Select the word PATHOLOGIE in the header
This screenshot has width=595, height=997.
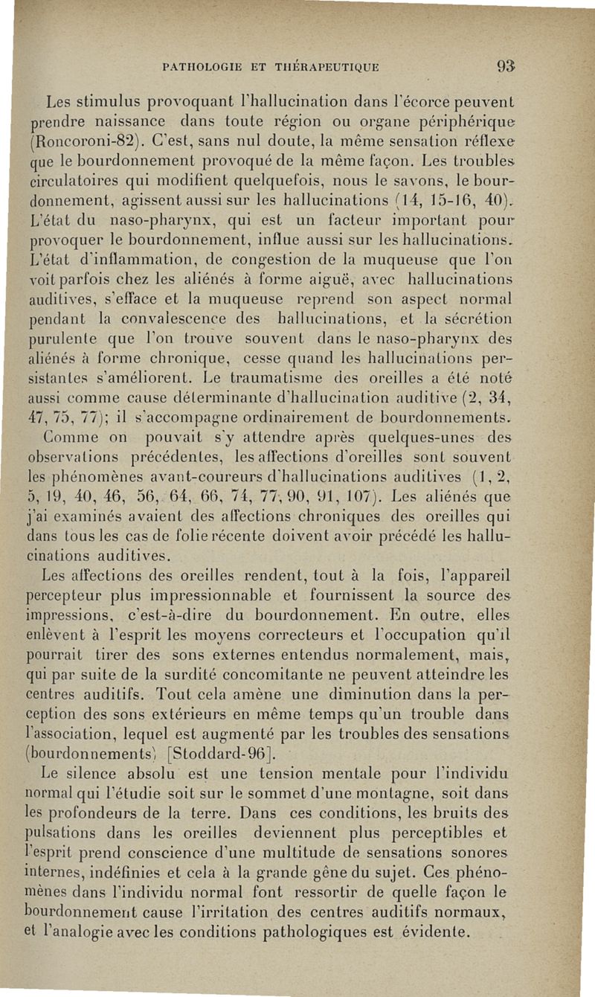tap(199, 68)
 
